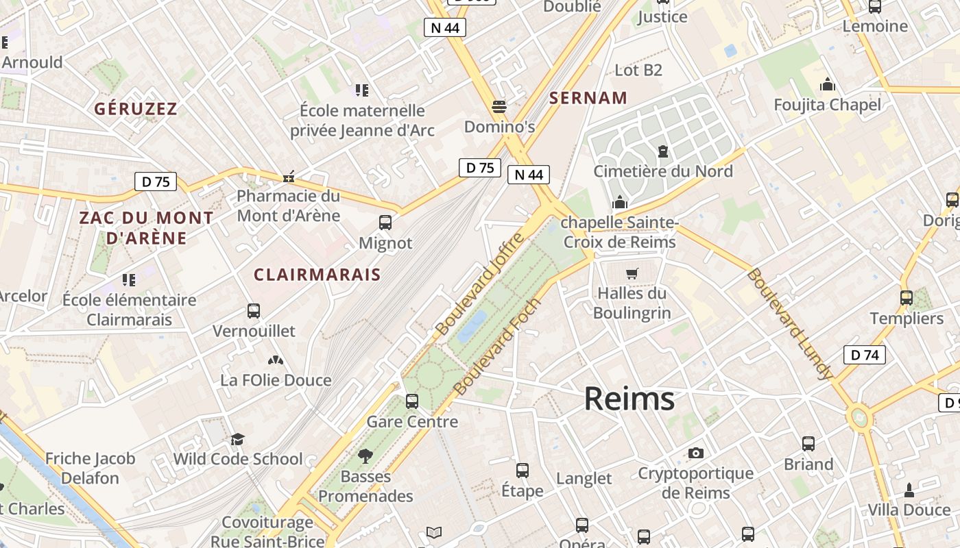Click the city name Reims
[629, 399]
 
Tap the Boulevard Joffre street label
[480, 284]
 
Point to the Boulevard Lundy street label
[790, 324]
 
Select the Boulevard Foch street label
[498, 347]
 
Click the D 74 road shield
[864, 355]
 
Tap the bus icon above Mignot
[385, 223]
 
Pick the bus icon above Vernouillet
[254, 311]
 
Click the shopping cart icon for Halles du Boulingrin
[632, 273]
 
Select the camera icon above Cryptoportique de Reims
[696, 453]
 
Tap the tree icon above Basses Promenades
[365, 456]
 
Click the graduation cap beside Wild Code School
[237, 439]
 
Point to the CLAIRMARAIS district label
[317, 275]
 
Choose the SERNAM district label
[588, 98]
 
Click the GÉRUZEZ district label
[136, 109]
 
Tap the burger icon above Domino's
[499, 107]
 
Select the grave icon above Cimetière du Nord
[662, 151]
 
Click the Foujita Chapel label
[827, 105]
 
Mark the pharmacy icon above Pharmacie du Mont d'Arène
[289, 177]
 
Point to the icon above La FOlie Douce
[276, 360]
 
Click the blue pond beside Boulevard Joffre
[472, 326]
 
